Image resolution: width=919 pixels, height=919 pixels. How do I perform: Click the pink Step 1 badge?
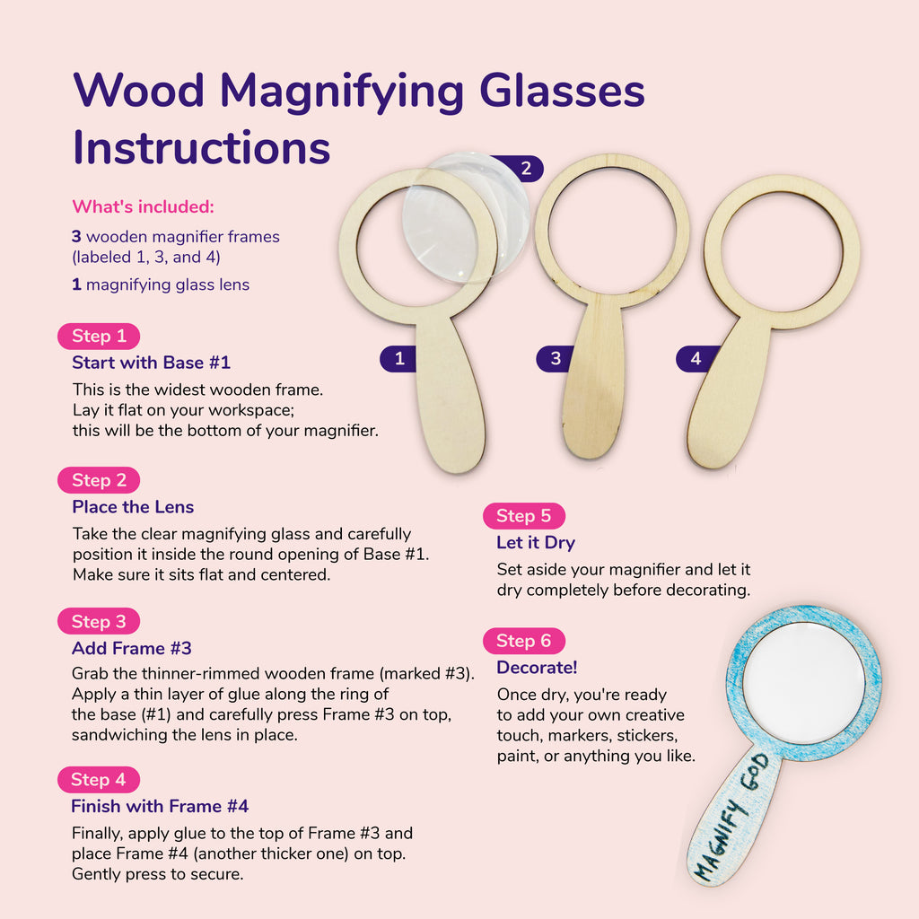tap(99, 336)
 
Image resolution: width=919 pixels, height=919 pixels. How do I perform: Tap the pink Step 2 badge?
tap(99, 480)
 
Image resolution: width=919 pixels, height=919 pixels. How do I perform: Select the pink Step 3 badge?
tap(99, 621)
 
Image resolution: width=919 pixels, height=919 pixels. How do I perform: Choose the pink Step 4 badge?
tap(99, 780)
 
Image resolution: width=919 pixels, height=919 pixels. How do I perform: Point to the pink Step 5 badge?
tap(524, 516)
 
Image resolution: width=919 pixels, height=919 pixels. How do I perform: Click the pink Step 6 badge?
tap(524, 641)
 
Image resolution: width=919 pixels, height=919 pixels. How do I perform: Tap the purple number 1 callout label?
tap(398, 359)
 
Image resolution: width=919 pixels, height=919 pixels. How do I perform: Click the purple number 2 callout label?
tap(521, 169)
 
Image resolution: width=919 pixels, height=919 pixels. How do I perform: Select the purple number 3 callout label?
tap(553, 358)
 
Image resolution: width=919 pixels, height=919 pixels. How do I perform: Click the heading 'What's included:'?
tap(143, 206)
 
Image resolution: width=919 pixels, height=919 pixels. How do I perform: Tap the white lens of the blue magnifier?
tap(804, 683)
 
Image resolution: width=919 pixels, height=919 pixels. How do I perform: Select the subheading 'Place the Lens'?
tap(133, 507)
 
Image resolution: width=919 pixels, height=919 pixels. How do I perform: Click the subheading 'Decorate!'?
tap(537, 668)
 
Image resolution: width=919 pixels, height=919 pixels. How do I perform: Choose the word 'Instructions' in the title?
tap(202, 148)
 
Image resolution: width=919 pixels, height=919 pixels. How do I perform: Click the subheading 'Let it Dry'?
tap(536, 543)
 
